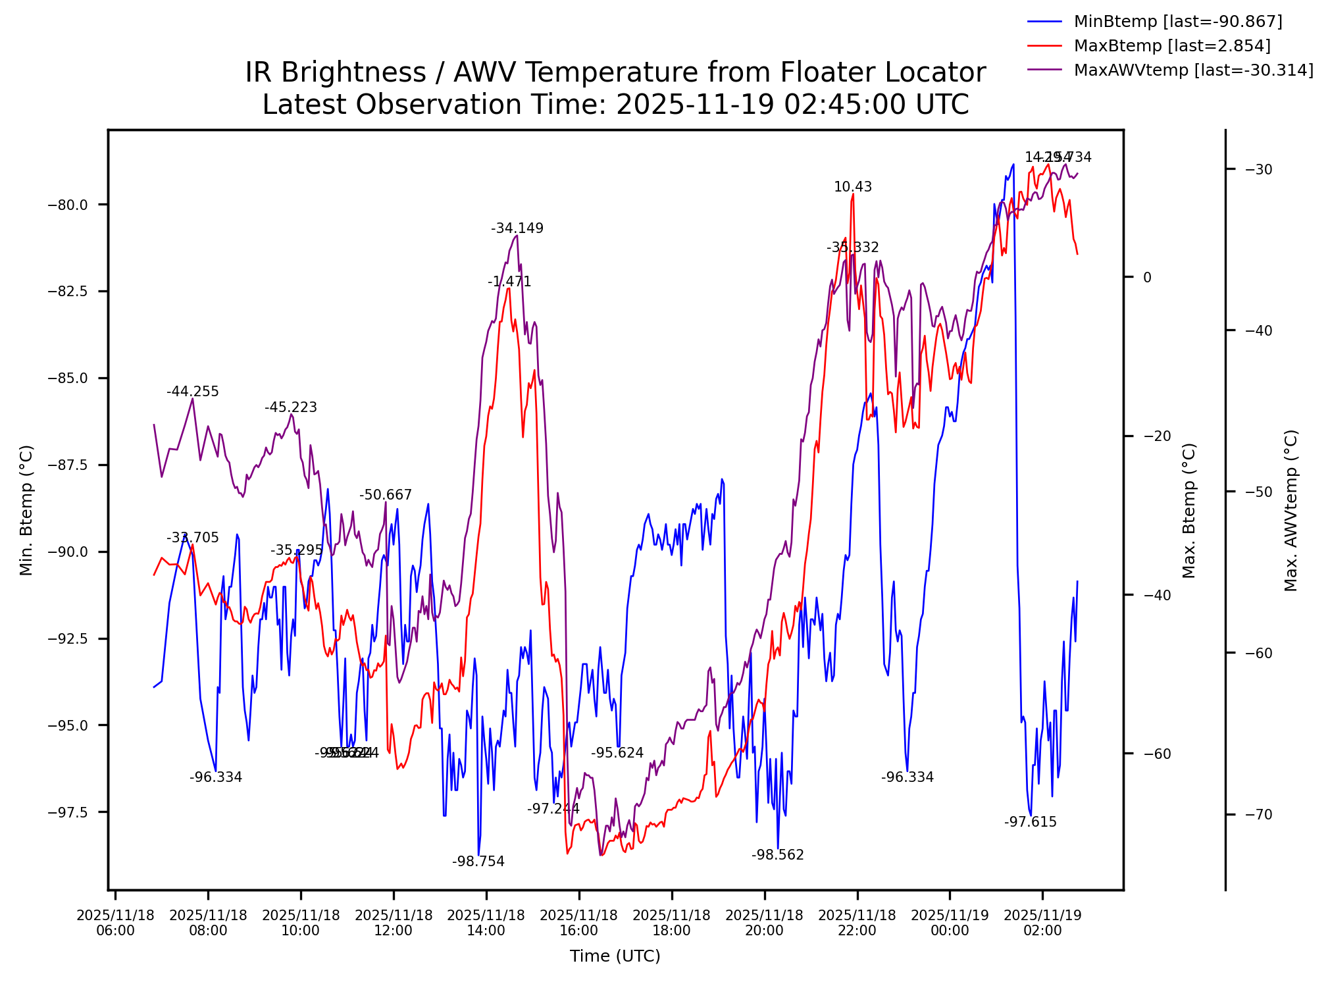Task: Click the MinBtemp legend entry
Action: pyautogui.click(x=1177, y=22)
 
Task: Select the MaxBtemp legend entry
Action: pyautogui.click(x=1171, y=46)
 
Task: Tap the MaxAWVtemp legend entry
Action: pyautogui.click(x=1193, y=70)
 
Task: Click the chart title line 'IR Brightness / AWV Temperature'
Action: pyautogui.click(x=615, y=72)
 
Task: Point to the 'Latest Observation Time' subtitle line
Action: pyautogui.click(x=615, y=105)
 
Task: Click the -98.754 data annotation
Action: pyautogui.click(x=478, y=862)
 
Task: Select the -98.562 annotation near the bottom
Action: pyautogui.click(x=777, y=855)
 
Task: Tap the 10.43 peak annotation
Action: pyautogui.click(x=852, y=187)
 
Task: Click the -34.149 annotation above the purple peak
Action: pyautogui.click(x=517, y=228)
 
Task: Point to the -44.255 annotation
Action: pyautogui.click(x=192, y=392)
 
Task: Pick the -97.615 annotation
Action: pyautogui.click(x=1030, y=822)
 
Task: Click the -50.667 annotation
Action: pyautogui.click(x=385, y=495)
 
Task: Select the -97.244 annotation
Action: pyautogui.click(x=553, y=809)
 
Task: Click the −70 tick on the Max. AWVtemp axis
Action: pyautogui.click(x=1258, y=815)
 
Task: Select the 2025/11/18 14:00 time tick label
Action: pyautogui.click(x=486, y=923)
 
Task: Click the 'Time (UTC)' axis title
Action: pyautogui.click(x=615, y=956)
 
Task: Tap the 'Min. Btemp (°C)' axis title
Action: pyautogui.click(x=26, y=510)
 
